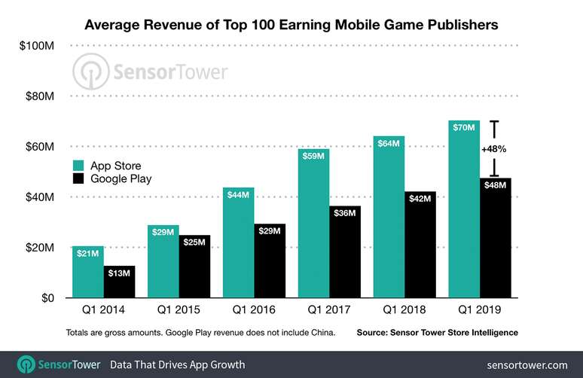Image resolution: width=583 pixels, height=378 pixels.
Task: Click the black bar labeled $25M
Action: pyautogui.click(x=194, y=267)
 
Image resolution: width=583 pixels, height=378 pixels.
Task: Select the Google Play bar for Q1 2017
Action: pyautogui.click(x=345, y=251)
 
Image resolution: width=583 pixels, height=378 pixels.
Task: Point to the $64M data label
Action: pyautogui.click(x=389, y=144)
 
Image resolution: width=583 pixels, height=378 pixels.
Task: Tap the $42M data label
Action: pyautogui.click(x=420, y=199)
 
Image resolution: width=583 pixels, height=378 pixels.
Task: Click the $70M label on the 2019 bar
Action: pyautogui.click(x=463, y=129)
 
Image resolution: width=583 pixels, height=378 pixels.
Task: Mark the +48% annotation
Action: pyautogui.click(x=493, y=149)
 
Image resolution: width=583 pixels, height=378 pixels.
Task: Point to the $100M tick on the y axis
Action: pyautogui.click(x=36, y=46)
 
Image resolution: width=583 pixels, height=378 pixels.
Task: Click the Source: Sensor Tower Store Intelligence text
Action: pyautogui.click(x=437, y=332)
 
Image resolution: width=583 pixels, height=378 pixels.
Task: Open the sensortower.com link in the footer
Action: pyautogui.click(x=527, y=364)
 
